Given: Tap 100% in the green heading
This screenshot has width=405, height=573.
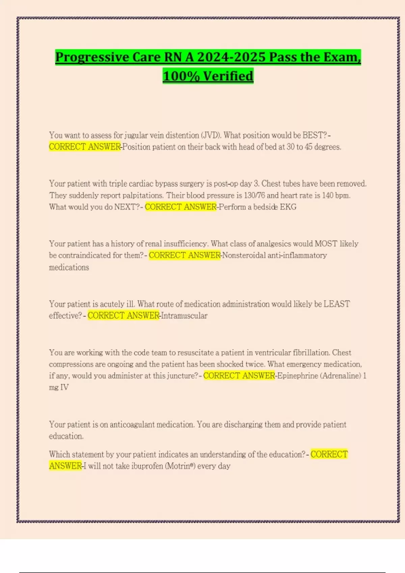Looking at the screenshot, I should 181,76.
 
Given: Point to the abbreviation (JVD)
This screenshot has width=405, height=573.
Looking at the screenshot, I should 211,135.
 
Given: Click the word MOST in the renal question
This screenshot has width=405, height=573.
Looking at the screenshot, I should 326,244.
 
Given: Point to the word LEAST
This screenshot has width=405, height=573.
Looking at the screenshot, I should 336,304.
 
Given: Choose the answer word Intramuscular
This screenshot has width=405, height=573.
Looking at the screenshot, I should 184,316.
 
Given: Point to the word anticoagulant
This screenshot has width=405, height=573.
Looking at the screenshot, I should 132,425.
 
